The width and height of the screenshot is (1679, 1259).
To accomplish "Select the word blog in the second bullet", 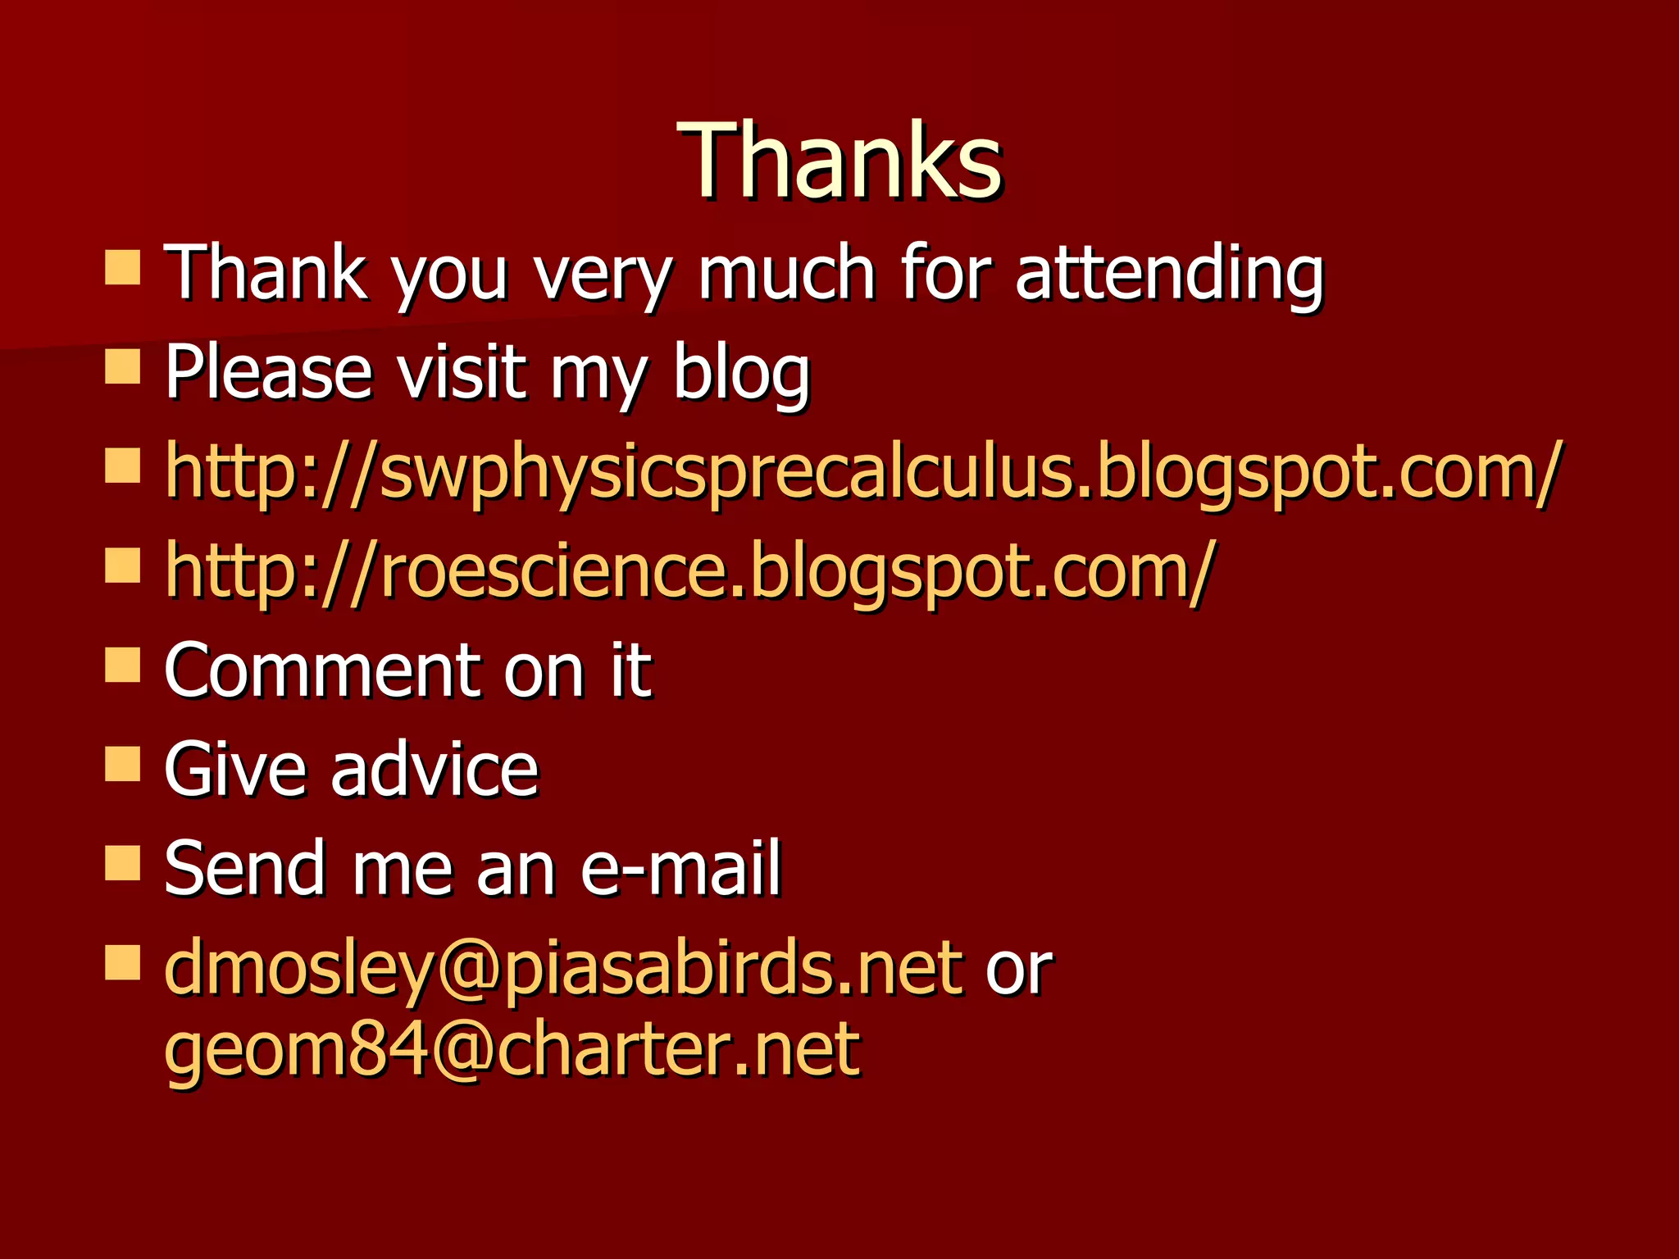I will click(740, 373).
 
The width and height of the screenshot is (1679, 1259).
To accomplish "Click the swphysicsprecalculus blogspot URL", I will click(862, 471).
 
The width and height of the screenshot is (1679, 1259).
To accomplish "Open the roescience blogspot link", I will click(687, 570).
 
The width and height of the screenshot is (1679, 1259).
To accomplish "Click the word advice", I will click(434, 769).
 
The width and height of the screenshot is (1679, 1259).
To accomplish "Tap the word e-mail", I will click(680, 868).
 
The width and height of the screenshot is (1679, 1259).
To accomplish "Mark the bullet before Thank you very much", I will click(123, 267).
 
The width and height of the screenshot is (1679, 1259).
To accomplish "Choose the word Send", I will click(244, 868).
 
